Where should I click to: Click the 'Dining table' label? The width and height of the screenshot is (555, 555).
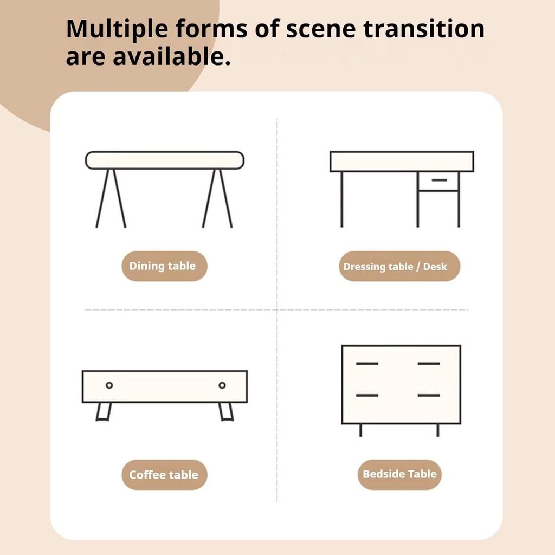(x=164, y=266)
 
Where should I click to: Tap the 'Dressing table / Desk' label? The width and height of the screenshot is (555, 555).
(x=399, y=266)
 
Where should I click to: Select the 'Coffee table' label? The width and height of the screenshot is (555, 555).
(x=164, y=475)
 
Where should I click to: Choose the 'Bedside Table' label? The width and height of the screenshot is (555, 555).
(x=399, y=474)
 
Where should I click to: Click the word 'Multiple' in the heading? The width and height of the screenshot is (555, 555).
(x=117, y=30)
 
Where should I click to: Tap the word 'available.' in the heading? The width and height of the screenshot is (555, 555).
(x=172, y=56)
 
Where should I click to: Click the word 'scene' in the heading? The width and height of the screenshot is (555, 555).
(x=321, y=30)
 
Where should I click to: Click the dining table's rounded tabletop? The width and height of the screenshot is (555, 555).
(x=165, y=160)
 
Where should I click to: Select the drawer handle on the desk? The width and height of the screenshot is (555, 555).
(x=439, y=180)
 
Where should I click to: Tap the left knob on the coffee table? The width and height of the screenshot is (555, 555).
(x=109, y=385)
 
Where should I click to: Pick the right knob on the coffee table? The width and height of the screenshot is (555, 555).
(x=222, y=385)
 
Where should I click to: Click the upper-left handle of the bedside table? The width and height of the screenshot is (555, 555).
(x=367, y=364)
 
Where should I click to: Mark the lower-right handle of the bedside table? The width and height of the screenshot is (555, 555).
(x=429, y=395)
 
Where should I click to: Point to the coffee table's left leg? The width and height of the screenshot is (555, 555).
(x=104, y=412)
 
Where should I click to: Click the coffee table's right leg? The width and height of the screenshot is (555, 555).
(x=226, y=412)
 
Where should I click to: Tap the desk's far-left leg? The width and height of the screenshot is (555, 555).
(x=341, y=199)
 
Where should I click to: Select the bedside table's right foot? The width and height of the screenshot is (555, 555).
(x=438, y=430)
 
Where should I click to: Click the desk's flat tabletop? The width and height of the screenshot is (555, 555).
(x=402, y=162)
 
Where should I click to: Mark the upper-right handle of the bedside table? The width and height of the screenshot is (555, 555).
(x=429, y=364)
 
